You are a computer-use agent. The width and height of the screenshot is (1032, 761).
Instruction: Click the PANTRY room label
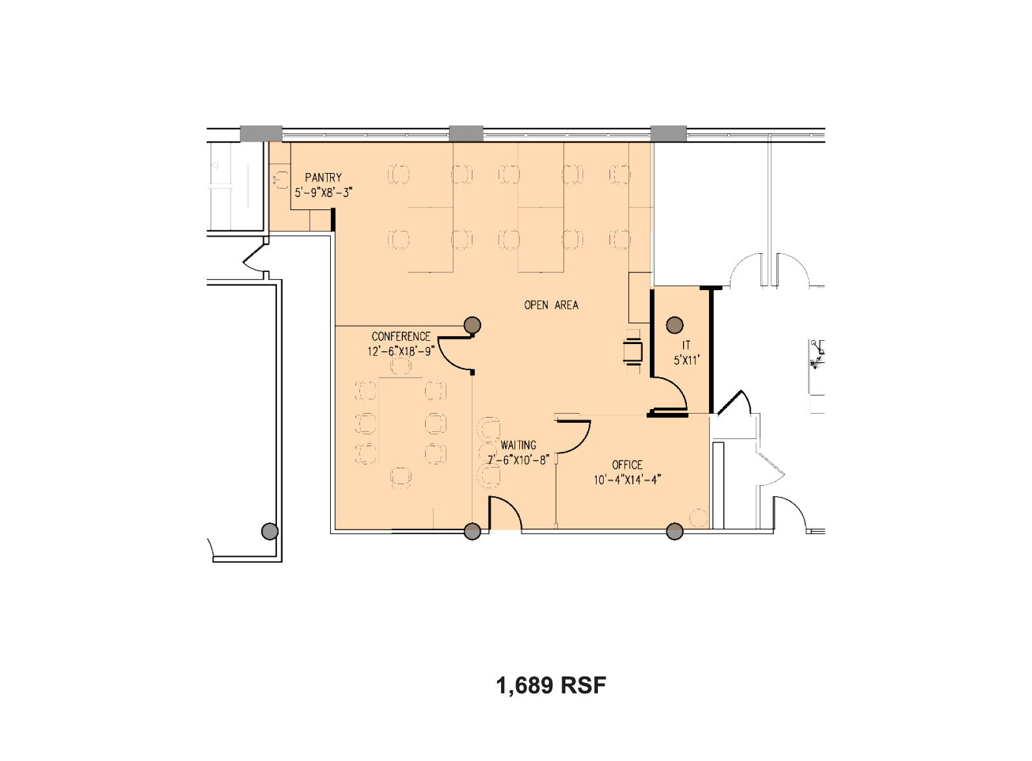(323, 178)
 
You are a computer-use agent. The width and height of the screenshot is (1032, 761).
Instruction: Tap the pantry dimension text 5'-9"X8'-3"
(324, 193)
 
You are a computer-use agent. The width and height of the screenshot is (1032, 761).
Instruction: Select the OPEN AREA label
(551, 305)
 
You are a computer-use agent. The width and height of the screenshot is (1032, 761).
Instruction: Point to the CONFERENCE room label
(401, 336)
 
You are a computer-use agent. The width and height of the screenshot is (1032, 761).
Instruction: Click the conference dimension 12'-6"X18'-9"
(401, 351)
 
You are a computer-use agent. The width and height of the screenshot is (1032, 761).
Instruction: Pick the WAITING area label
(519, 445)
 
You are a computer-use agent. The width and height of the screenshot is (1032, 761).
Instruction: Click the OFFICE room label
(627, 465)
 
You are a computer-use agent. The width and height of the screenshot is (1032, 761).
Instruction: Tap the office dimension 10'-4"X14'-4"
(627, 480)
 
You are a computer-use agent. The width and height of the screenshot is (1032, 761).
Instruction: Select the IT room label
(686, 345)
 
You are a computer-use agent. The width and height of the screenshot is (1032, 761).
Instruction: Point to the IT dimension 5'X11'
(686, 360)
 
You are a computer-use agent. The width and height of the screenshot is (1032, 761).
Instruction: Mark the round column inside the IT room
(675, 325)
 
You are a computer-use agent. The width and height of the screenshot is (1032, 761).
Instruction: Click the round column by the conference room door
(472, 325)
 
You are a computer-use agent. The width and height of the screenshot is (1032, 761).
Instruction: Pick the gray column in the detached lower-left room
(270, 531)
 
